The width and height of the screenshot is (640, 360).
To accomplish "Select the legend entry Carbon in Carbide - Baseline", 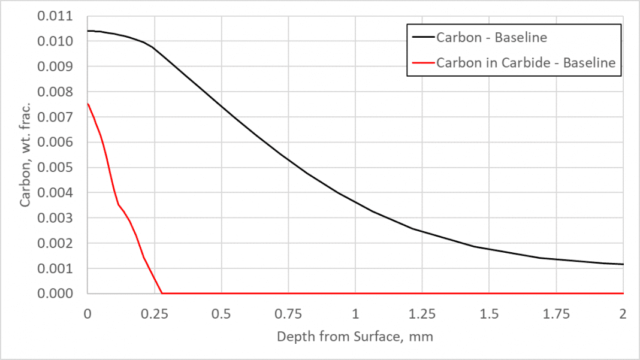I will (x=526, y=62).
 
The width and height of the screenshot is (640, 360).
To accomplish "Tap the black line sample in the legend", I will (x=422, y=38).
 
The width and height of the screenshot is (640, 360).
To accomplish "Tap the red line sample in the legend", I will (x=422, y=62).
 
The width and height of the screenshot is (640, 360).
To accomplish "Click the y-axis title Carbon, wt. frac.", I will (x=25, y=155).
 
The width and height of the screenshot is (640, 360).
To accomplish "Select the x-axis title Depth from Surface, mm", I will (x=355, y=337).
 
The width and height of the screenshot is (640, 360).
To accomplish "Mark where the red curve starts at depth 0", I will (x=88, y=104).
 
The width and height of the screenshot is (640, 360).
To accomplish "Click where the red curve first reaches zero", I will (x=162, y=293).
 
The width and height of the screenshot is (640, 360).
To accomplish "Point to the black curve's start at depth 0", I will (x=88, y=31).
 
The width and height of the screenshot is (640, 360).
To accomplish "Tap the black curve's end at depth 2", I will (x=623, y=264).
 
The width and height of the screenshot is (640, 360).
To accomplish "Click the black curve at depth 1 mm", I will (x=355, y=201).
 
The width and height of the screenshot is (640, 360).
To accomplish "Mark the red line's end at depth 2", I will (x=623, y=293).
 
